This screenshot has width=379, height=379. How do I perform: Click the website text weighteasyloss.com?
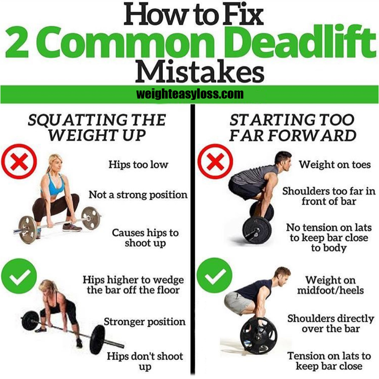click(x=190, y=94)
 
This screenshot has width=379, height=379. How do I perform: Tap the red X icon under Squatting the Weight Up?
click(x=19, y=161)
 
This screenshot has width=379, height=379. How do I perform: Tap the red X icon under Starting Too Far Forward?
click(x=215, y=161)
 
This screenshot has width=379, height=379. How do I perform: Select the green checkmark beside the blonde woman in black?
click(x=19, y=276)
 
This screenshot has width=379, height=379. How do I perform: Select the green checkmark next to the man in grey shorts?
click(x=215, y=275)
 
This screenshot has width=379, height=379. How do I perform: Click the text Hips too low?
click(x=138, y=164)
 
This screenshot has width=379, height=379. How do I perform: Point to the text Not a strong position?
click(x=138, y=195)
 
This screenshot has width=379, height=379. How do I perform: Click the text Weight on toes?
click(x=335, y=164)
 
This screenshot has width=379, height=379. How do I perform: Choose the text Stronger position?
click(x=144, y=322)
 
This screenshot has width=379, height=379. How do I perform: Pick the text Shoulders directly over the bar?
click(x=331, y=323)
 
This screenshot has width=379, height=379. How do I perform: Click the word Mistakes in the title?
click(x=200, y=71)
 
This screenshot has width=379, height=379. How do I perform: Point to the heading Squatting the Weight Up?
click(x=97, y=127)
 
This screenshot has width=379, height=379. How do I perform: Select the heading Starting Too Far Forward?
click(x=293, y=127)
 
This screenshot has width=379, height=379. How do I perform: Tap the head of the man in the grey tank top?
click(x=283, y=161)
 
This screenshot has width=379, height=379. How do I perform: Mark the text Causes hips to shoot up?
click(x=145, y=238)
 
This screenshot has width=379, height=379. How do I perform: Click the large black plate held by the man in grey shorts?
click(x=258, y=336)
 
